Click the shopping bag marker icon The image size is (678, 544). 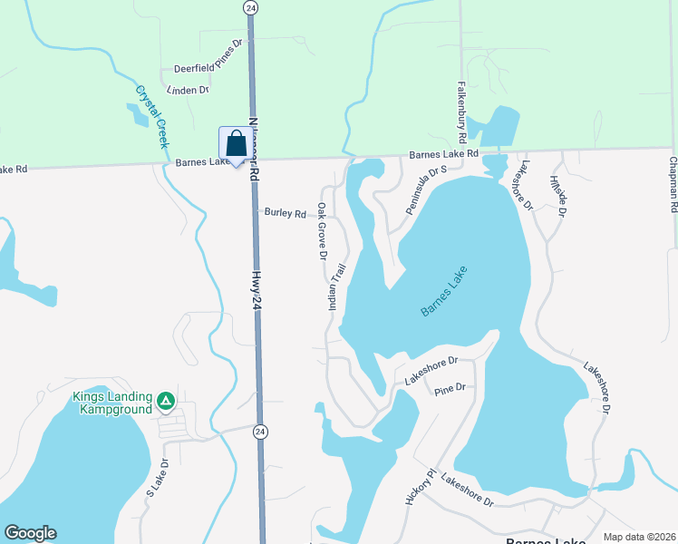(236, 144)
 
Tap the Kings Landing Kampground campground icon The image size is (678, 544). (165, 400)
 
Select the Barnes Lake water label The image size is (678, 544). (444, 291)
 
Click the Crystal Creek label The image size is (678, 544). (153, 117)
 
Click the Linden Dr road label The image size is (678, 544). (189, 90)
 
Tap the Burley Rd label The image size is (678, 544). (285, 213)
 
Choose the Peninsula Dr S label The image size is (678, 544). (427, 189)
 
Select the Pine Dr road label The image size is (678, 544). (449, 389)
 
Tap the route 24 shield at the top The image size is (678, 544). (250, 6)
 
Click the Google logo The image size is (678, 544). (31, 533)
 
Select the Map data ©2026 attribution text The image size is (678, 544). (639, 537)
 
